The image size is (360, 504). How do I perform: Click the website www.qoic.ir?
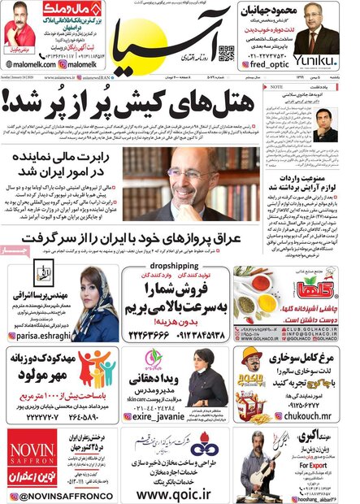(181, 493)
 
